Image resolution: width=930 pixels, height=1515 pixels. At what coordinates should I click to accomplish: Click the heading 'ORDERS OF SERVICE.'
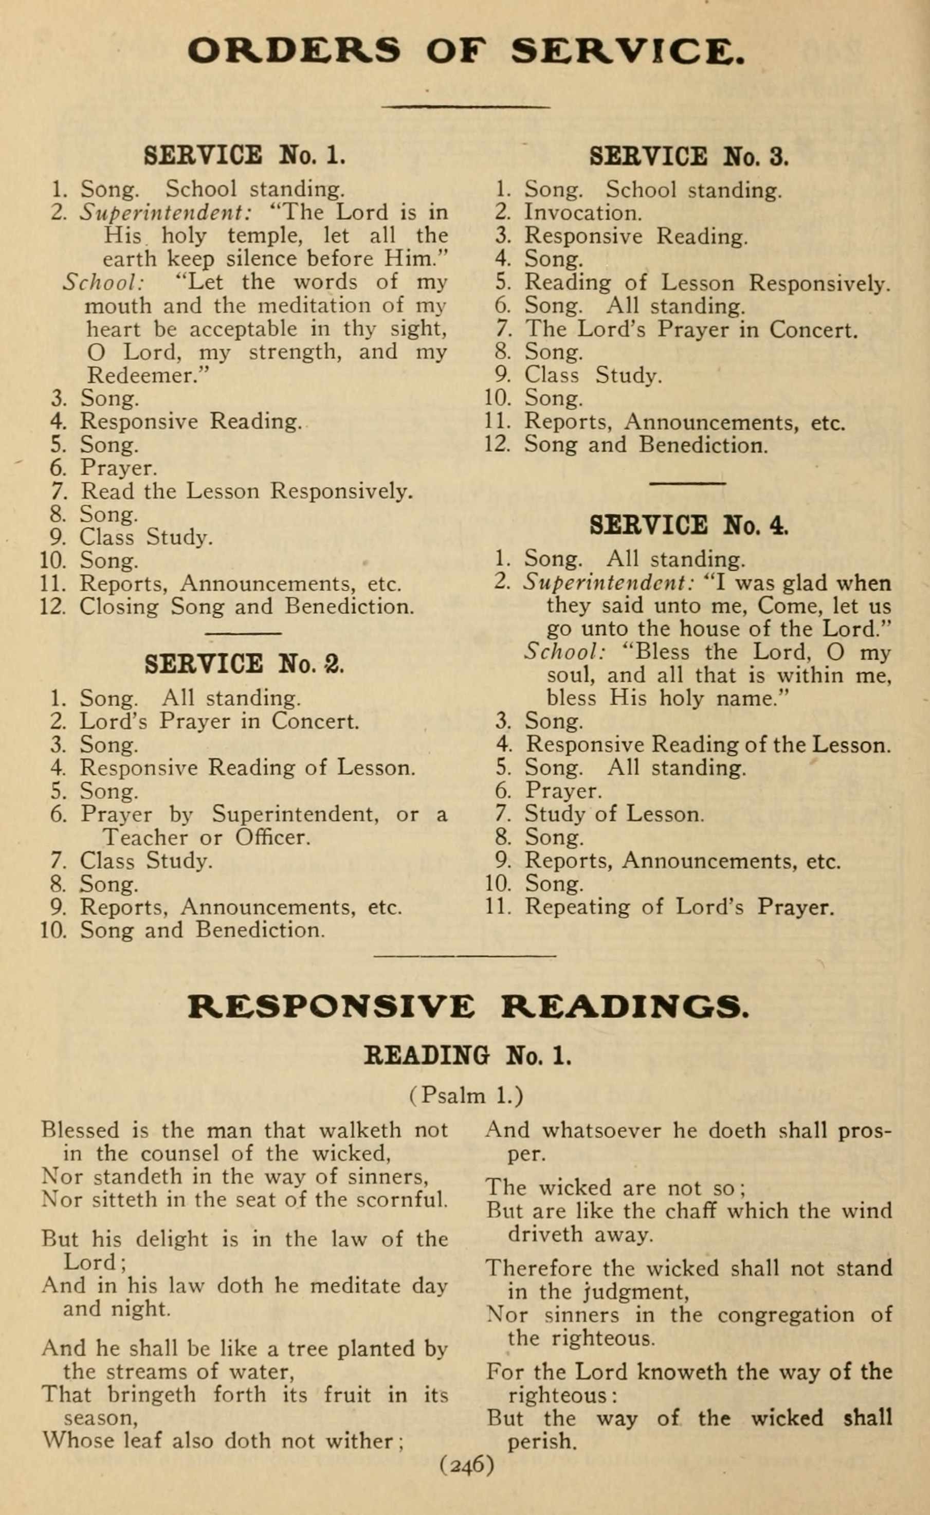466,50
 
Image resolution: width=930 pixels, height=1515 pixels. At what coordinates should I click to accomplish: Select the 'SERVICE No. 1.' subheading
244,155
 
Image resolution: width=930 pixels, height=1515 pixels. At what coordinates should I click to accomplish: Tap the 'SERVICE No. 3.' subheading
688,156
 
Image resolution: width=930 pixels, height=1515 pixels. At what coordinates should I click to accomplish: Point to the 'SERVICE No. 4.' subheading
688,525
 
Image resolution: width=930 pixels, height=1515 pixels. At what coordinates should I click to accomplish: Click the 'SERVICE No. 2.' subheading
244,664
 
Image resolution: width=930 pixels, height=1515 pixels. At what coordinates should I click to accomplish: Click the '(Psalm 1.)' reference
466,1096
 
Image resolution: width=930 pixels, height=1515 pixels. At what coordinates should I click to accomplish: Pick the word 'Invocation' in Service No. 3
582,213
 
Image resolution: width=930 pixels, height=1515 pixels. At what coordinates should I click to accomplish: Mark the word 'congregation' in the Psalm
786,1315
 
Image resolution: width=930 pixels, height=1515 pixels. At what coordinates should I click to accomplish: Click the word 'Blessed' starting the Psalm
80,1130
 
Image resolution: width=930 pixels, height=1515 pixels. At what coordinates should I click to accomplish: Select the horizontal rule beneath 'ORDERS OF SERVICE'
466,107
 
